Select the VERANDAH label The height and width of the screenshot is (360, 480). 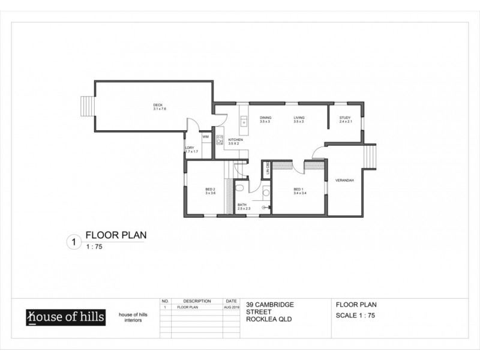point(344,181)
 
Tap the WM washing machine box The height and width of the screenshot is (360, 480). point(205,137)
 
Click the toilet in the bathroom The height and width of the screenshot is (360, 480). point(239,188)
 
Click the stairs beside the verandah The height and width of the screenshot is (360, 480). point(370,158)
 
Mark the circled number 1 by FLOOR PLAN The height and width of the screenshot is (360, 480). point(73,242)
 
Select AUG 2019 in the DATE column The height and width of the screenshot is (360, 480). point(231,307)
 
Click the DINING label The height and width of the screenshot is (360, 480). point(265,118)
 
